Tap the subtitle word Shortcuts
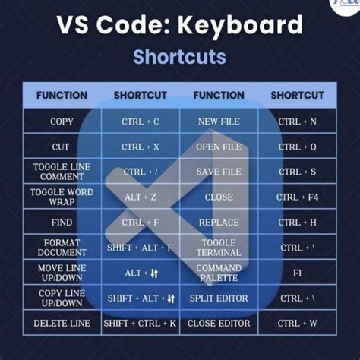(179, 57)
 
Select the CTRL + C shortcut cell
(141, 122)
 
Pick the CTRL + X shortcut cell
(141, 147)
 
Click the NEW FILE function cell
(219, 122)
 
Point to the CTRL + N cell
(298, 122)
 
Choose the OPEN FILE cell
(219, 147)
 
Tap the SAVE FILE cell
(219, 172)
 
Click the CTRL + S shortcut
(298, 172)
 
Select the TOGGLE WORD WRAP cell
(62, 197)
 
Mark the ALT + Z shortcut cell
(141, 197)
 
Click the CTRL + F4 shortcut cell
(298, 197)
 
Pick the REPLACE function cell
(219, 223)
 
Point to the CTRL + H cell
(298, 223)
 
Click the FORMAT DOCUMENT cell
(62, 248)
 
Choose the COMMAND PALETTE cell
(219, 273)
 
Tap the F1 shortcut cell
(298, 273)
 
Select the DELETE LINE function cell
(62, 323)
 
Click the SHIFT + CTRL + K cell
(141, 323)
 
